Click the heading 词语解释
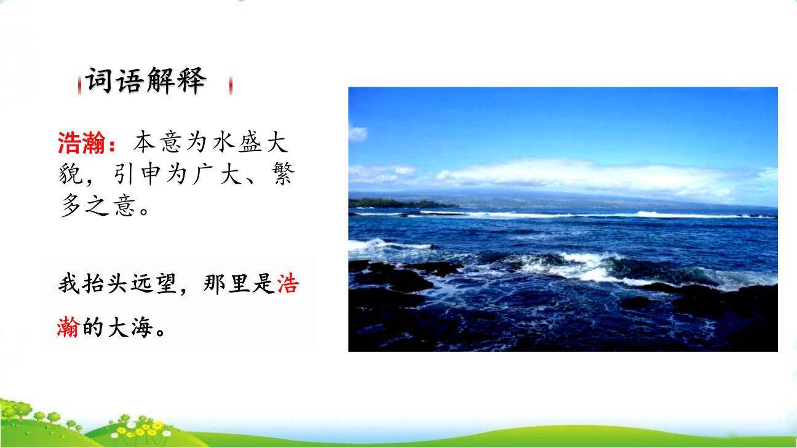(x=145, y=81)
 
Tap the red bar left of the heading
(x=79, y=86)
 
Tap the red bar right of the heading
(x=231, y=85)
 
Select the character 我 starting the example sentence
(x=68, y=285)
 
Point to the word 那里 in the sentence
(x=226, y=285)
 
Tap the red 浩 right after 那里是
(x=288, y=285)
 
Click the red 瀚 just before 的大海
(x=68, y=328)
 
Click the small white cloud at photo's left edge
(x=357, y=133)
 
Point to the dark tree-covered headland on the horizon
(x=400, y=202)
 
